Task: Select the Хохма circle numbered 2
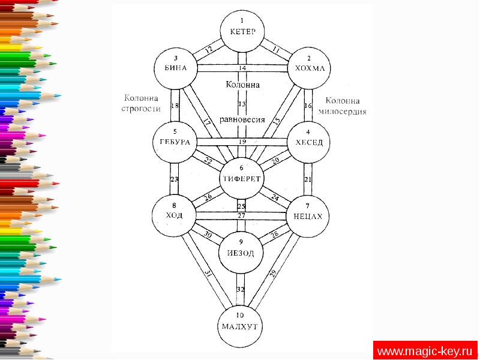click(x=309, y=65)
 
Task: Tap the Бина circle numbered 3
click(x=176, y=65)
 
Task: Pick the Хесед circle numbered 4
click(x=309, y=139)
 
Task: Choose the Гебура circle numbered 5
click(x=175, y=139)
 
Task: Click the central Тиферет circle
click(x=242, y=176)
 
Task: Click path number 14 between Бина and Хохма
click(x=242, y=68)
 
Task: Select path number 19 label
click(x=242, y=142)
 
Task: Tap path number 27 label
click(x=242, y=215)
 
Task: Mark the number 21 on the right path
click(x=309, y=179)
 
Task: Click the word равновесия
click(x=242, y=119)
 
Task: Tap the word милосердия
click(x=344, y=112)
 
